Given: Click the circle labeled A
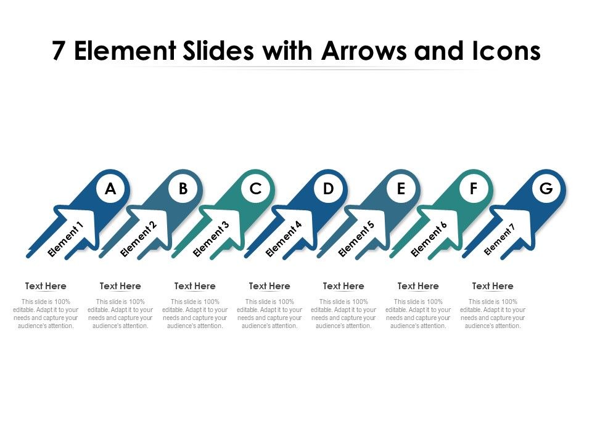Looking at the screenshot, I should [x=110, y=189].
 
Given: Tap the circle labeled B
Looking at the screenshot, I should [x=183, y=189].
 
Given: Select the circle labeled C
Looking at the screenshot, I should [x=256, y=189].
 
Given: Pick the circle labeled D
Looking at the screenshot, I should [x=328, y=189].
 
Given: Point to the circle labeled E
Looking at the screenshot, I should [x=401, y=189].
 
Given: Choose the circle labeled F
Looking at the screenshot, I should [x=474, y=189].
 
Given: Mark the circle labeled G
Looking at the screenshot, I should [x=546, y=189].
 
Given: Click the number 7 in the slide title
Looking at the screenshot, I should [x=59, y=52].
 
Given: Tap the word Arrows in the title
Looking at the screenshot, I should [x=364, y=52].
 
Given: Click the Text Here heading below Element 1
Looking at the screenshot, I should [x=46, y=286].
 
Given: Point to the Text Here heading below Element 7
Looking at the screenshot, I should [x=493, y=286].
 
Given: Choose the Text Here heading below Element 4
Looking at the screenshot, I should [x=269, y=286].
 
